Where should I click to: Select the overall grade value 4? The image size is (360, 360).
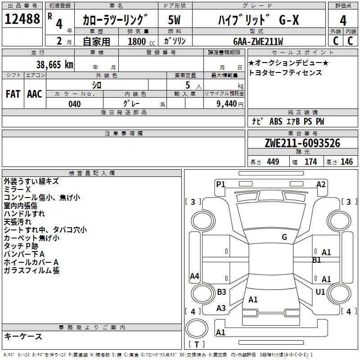pos(343,20)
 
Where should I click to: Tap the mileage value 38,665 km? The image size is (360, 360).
pos(54,65)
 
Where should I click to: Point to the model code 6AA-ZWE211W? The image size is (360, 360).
pos(257,41)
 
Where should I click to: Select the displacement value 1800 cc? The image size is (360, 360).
pos(140,41)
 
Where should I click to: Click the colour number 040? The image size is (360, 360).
pos(75,104)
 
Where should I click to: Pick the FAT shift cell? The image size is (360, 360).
pos(13,94)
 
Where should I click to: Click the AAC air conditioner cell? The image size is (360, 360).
pos(35,94)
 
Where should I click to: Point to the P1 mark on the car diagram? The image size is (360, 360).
pos(220,184)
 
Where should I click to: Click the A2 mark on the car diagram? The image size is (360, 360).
pos(321,184)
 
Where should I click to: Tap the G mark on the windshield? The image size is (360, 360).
pos(284,237)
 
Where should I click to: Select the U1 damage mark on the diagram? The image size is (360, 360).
pos(320,292)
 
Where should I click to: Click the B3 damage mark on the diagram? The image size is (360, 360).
pos(221,292)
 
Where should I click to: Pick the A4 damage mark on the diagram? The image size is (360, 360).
pos(194,276)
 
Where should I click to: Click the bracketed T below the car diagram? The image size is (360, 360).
pos(197,344)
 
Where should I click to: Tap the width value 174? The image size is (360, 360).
pos(310,162)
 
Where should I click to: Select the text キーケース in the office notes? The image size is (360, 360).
pos(23,337)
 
